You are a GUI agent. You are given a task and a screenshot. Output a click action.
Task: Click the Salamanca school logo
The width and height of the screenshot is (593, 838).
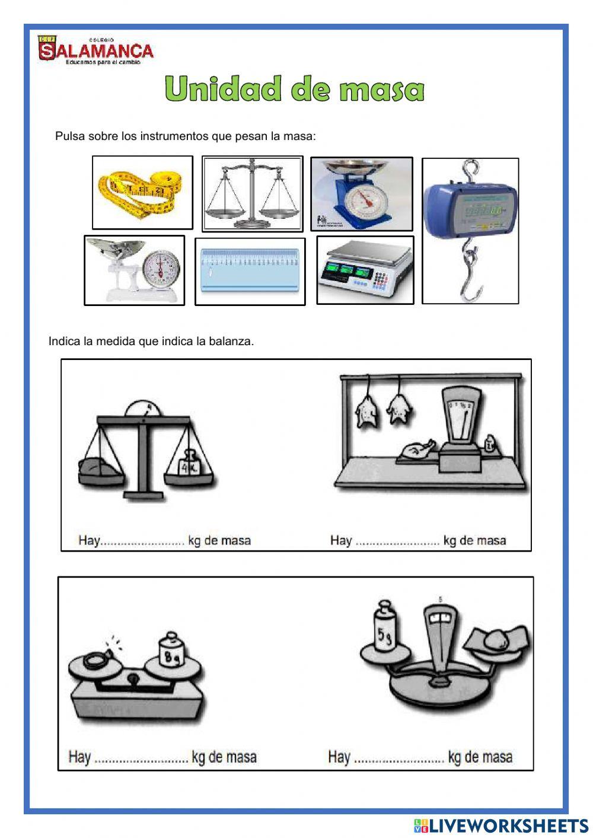[95, 50]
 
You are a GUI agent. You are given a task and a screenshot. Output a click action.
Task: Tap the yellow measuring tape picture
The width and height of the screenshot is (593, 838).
[142, 192]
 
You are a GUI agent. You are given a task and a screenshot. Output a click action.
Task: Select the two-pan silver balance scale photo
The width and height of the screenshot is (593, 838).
[252, 193]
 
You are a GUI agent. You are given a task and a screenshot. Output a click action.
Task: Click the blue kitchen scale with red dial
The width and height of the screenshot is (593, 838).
[362, 194]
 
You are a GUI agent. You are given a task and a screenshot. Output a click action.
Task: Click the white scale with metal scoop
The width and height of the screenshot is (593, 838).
[134, 270]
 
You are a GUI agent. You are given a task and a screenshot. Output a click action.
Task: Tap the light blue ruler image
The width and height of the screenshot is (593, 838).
[250, 271]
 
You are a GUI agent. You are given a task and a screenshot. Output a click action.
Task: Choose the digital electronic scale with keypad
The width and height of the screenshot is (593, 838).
[365, 269]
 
